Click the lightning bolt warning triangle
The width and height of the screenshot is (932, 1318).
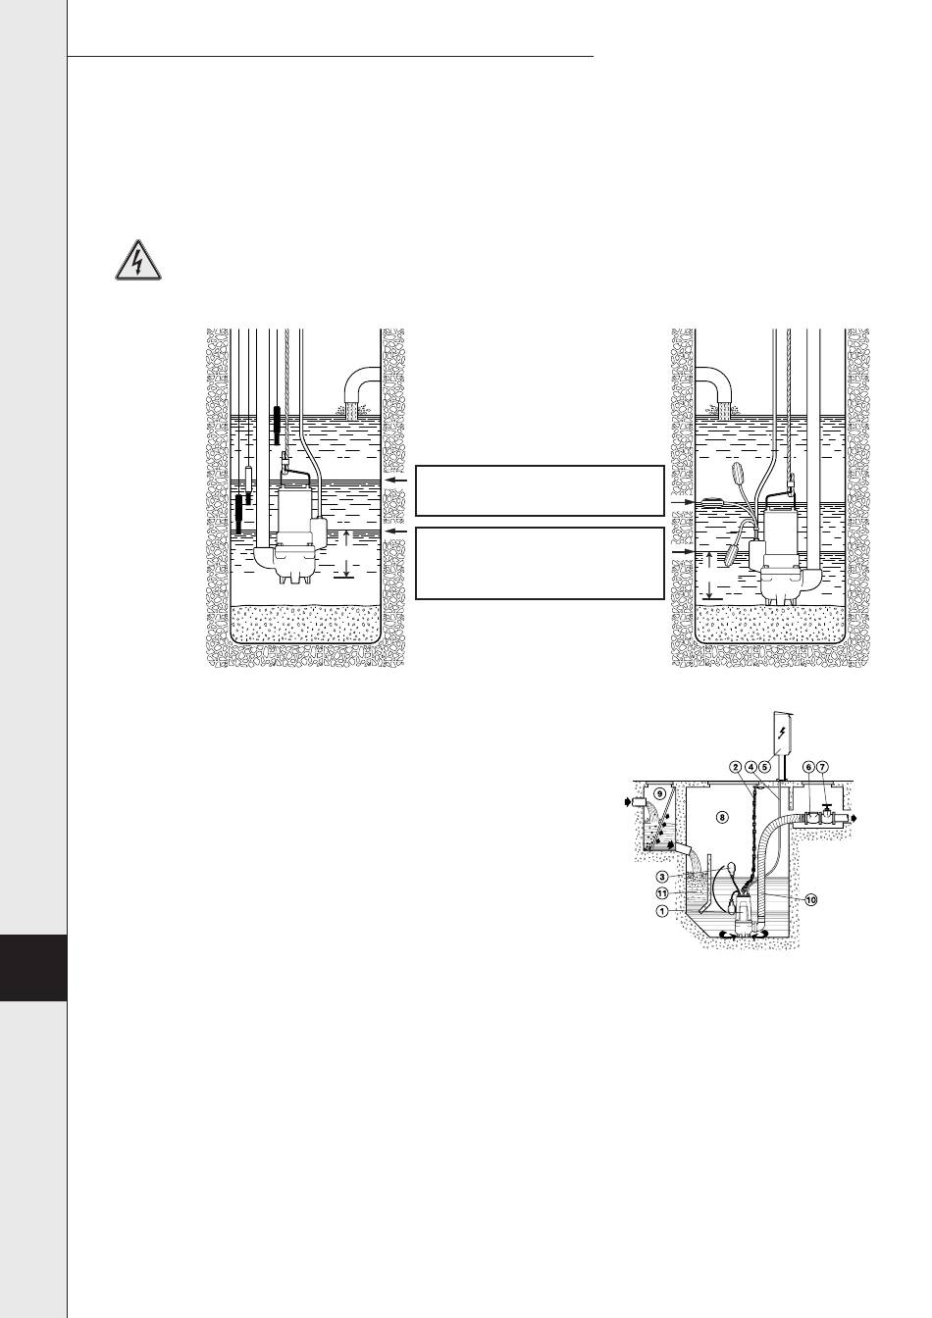tap(137, 261)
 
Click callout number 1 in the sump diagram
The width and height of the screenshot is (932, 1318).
tap(662, 911)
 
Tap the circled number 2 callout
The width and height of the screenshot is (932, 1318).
tap(736, 767)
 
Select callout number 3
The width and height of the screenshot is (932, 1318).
tap(662, 876)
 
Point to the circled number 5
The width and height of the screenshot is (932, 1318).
tap(764, 767)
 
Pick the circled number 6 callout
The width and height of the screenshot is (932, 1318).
tap(809, 767)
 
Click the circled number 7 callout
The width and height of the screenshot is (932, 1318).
tap(822, 767)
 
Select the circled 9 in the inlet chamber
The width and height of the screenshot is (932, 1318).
tap(660, 793)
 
